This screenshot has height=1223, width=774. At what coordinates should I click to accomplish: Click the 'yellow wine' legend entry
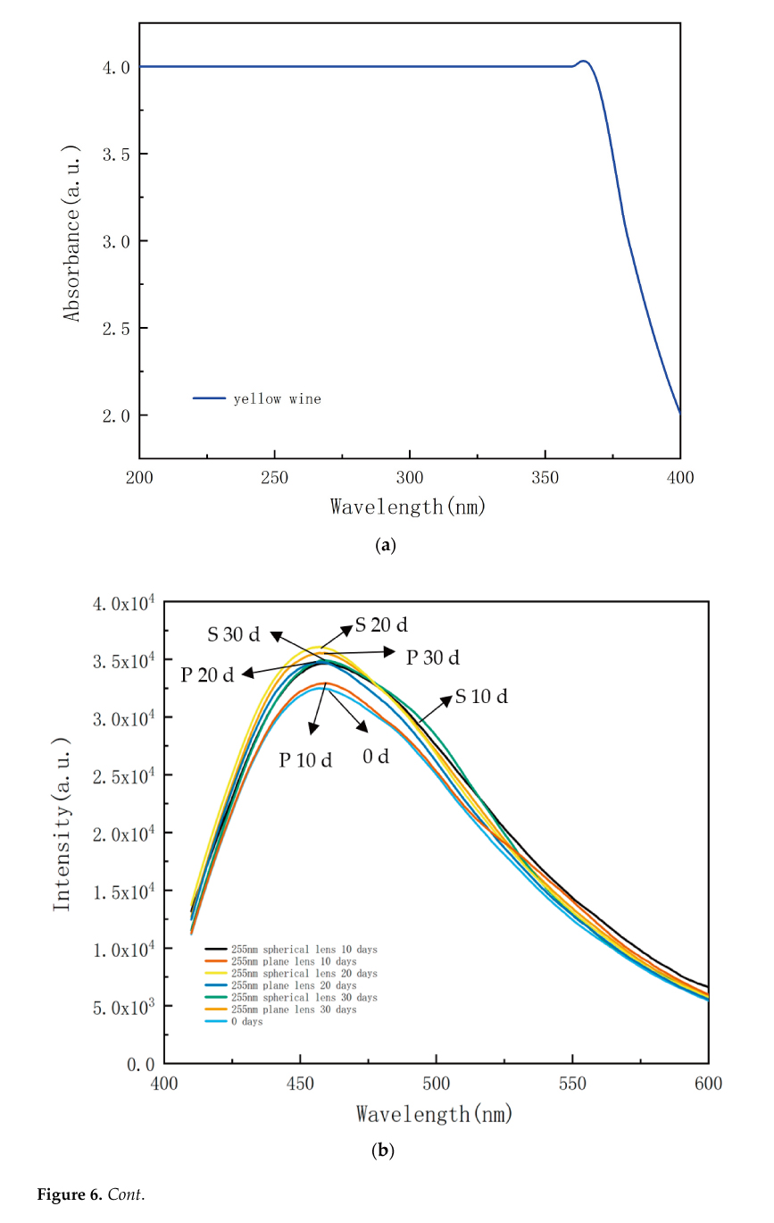coord(277,399)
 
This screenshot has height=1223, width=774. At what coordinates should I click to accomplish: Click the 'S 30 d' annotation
coord(234,635)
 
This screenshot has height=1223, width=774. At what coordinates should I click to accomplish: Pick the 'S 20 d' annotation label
coord(381,624)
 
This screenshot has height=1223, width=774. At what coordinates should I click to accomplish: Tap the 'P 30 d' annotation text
coord(433,658)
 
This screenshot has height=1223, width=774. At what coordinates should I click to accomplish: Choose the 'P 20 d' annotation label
coord(207,674)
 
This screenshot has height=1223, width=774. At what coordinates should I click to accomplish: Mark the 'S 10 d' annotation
coord(481,697)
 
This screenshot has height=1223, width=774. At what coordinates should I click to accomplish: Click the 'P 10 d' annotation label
coord(305,760)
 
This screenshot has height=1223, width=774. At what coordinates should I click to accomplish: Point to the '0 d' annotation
coord(376,757)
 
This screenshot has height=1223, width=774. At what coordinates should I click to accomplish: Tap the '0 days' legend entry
coord(246,1022)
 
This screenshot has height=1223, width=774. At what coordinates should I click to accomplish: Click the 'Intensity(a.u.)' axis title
coord(62,824)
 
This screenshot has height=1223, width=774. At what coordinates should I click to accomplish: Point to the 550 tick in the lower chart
coord(572,1084)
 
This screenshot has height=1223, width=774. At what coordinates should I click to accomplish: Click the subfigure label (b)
coord(382,1151)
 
